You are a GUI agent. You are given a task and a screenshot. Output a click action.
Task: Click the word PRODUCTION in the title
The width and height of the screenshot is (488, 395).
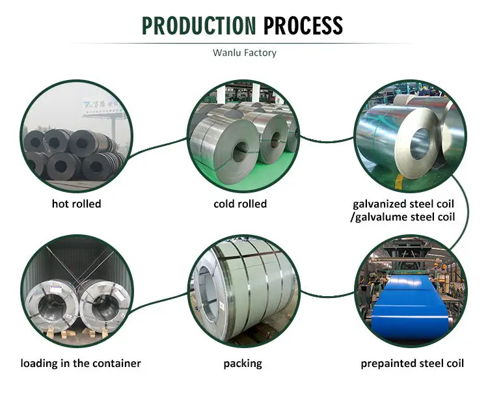199,25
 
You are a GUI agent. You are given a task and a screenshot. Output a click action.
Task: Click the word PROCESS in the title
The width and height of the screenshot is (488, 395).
303,25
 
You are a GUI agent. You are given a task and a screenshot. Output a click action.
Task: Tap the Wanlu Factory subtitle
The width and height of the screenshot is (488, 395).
244,53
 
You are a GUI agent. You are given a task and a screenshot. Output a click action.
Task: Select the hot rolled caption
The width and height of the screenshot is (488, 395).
77,204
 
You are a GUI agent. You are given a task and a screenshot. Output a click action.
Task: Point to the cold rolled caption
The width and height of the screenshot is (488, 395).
240,204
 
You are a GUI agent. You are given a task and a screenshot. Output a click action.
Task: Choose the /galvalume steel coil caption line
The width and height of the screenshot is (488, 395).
403,217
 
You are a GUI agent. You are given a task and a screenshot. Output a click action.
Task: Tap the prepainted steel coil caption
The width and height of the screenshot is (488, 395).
413,363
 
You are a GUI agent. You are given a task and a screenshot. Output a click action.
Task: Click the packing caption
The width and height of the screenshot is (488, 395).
243,363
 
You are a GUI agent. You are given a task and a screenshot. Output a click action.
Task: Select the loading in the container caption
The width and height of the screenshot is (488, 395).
81,363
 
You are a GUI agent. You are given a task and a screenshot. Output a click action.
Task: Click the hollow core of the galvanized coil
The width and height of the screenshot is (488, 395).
420,143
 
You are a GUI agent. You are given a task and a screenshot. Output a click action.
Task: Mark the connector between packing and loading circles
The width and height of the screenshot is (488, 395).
160,299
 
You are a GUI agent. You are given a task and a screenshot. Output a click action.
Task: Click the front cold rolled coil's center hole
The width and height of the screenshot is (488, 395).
240,152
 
